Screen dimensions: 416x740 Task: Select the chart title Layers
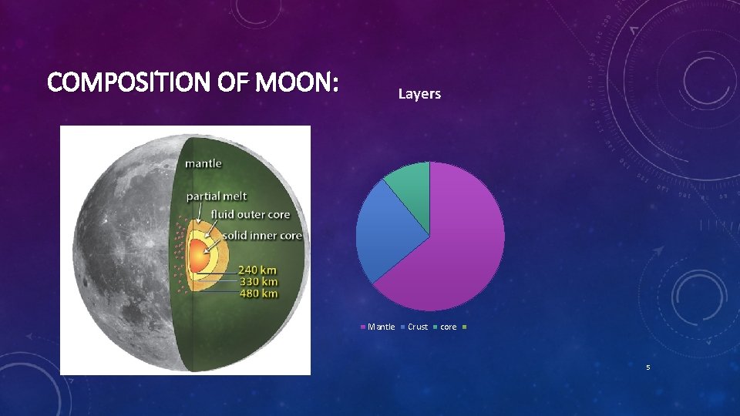coord(419,94)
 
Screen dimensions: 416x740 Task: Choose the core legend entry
coord(448,327)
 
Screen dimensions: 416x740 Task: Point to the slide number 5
coord(648,367)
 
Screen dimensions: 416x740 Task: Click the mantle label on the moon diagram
coord(203,163)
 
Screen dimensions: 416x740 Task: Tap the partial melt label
coord(216,196)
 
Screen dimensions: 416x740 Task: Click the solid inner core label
coord(262,235)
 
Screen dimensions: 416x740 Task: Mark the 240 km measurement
coord(257,270)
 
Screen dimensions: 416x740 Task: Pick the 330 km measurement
coord(257,281)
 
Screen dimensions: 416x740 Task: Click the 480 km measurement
coord(257,294)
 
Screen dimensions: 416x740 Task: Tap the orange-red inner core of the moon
coord(198,256)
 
